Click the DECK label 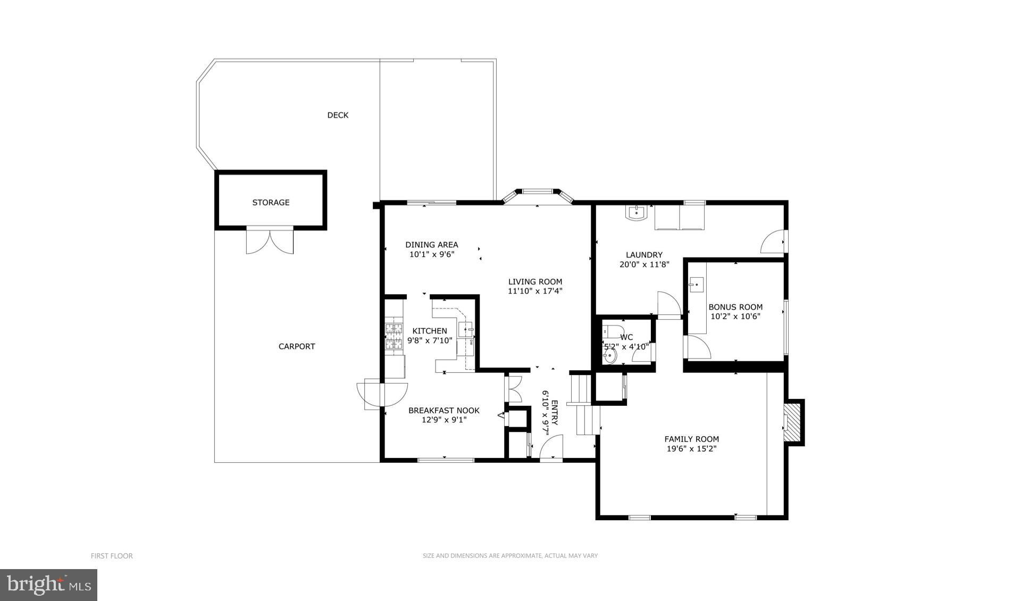coord(338,115)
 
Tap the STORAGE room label coord(271,202)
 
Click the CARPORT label coord(297,346)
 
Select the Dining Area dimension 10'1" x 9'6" coord(431,254)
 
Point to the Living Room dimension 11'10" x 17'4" coord(535,291)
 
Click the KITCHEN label coord(430,331)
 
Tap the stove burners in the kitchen coord(394,337)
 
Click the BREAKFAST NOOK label coord(443,410)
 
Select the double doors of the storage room coord(270,240)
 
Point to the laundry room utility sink coord(636,213)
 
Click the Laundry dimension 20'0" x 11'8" coord(644,264)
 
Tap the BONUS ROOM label coord(735,307)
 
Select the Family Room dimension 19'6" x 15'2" coord(691,448)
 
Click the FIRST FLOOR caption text coord(112,556)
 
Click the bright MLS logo coord(48,585)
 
